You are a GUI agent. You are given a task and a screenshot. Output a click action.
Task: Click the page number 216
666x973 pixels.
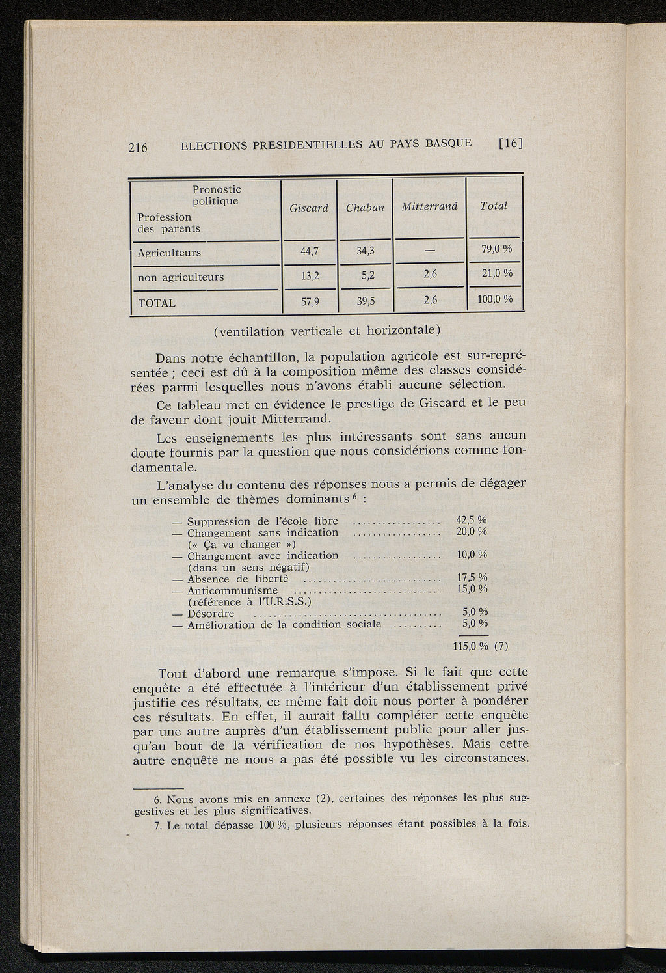[138, 147]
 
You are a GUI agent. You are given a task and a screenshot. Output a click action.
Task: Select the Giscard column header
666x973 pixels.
[309, 208]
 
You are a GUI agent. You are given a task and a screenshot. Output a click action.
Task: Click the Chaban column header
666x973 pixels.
[365, 208]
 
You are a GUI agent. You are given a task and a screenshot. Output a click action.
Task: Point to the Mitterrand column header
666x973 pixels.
[430, 206]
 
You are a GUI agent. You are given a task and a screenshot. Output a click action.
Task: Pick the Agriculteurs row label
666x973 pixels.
[169, 253]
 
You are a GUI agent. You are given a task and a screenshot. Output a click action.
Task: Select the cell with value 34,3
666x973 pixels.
[365, 251]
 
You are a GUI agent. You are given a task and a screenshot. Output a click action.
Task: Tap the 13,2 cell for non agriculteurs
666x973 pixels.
[310, 276]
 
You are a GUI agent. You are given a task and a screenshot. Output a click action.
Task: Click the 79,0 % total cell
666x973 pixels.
[497, 249]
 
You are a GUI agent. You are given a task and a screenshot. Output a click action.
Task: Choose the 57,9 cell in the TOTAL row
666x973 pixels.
[310, 301]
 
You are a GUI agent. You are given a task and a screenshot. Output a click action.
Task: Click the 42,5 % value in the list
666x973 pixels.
[472, 520]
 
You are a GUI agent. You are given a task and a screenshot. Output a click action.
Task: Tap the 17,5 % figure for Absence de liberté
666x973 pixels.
[472, 577]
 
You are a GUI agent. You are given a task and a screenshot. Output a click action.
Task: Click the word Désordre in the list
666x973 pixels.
[211, 614]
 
